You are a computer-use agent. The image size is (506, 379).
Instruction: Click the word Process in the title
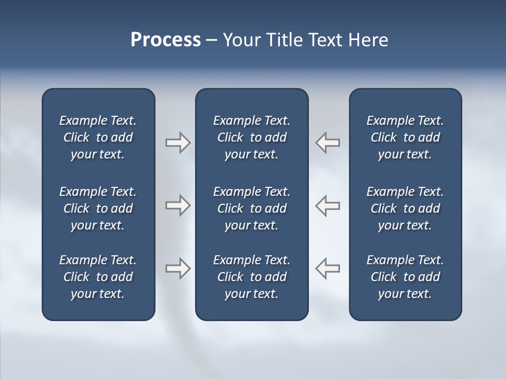(x=166, y=40)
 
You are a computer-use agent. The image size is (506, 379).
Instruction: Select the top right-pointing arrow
(x=178, y=143)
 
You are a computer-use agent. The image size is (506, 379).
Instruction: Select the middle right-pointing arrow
(x=178, y=205)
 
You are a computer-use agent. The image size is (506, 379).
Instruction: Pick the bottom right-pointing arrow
(x=178, y=268)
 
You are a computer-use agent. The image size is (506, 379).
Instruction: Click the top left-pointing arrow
(x=328, y=143)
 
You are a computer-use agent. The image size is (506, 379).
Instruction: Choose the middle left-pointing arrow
(x=328, y=205)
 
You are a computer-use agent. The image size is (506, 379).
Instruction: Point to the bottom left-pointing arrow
(x=328, y=268)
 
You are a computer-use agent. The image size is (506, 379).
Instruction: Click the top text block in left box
(x=98, y=137)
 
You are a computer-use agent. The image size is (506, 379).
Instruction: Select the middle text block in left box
(x=98, y=208)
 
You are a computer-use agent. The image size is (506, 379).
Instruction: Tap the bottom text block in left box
(x=98, y=277)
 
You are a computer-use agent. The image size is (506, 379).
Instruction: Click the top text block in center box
(x=251, y=137)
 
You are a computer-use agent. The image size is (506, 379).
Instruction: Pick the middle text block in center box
(x=251, y=208)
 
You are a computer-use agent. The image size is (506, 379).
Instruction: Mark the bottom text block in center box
(x=251, y=277)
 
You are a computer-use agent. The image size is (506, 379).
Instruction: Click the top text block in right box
(x=405, y=137)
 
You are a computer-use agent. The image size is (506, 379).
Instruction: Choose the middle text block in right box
(x=405, y=208)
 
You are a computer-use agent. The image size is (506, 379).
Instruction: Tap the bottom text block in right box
(x=405, y=277)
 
